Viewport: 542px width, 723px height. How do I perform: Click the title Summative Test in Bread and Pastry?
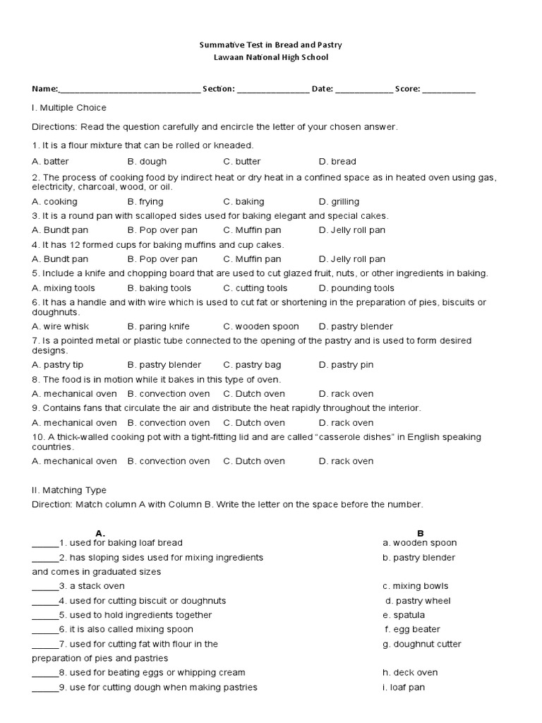point(271,44)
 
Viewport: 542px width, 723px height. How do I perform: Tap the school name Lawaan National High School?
point(271,57)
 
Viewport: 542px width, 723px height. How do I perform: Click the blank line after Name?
point(129,90)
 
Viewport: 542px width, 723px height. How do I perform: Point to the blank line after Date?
point(363,90)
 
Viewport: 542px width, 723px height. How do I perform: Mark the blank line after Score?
point(449,90)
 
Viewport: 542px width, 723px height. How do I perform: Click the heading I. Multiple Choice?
point(69,107)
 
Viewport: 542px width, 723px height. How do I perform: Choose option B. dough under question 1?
point(147,161)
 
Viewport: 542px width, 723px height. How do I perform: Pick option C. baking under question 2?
point(243,201)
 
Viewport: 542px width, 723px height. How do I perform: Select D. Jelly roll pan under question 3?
point(352,230)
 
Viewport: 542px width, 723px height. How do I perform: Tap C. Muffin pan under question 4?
point(252,259)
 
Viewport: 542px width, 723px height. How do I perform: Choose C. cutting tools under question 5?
point(255,288)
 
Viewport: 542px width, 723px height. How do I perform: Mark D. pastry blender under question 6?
point(356,326)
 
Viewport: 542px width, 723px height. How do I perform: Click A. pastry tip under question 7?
point(58,365)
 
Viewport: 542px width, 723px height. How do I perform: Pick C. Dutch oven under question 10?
point(254,461)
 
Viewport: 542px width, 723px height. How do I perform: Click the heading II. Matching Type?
point(69,490)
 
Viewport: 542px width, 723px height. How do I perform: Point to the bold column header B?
point(420,533)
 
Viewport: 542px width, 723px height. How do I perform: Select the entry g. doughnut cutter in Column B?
point(422,644)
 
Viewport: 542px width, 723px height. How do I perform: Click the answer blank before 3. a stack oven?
point(45,586)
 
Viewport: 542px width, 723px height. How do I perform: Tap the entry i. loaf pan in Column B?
point(404,687)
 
